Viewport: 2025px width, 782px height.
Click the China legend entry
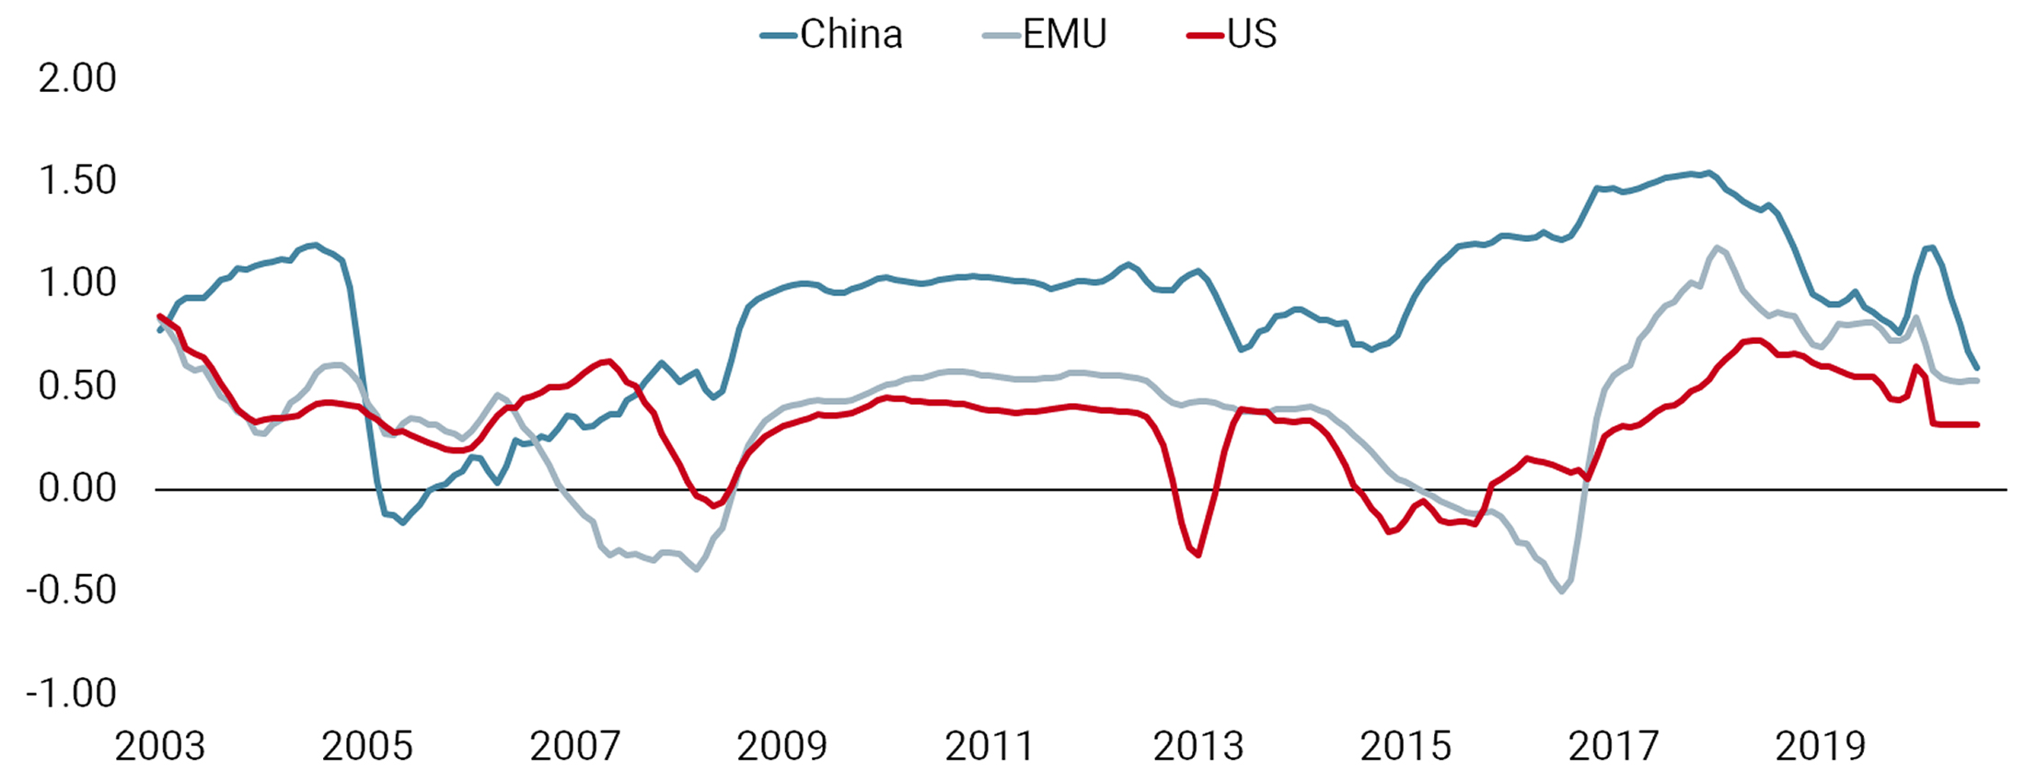832,35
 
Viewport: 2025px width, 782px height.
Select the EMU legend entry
1046,35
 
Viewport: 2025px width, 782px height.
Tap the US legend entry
1233,35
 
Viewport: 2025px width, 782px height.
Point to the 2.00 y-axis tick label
77,78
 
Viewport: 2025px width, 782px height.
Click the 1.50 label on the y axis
77,180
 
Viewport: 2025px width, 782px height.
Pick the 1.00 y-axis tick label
77,282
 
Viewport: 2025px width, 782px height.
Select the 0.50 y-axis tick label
77,385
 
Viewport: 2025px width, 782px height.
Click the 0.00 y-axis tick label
77,488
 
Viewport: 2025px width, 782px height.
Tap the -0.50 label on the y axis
72,590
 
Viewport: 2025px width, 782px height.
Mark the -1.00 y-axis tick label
72,693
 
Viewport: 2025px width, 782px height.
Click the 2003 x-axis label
160,746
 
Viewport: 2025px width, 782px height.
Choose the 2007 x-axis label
575,746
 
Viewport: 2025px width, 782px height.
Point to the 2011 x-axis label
990,746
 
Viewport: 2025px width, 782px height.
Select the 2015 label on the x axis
1406,746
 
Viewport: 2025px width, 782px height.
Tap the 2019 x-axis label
1821,746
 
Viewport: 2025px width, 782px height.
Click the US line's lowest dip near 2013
1198,555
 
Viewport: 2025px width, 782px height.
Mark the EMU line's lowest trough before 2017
1562,591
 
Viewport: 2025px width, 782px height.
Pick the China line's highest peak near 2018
1708,173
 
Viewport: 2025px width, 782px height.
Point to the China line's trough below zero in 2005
402,523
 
